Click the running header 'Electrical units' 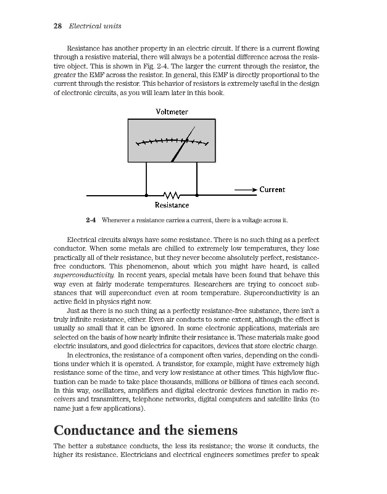95,26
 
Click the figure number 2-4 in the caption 92,220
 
